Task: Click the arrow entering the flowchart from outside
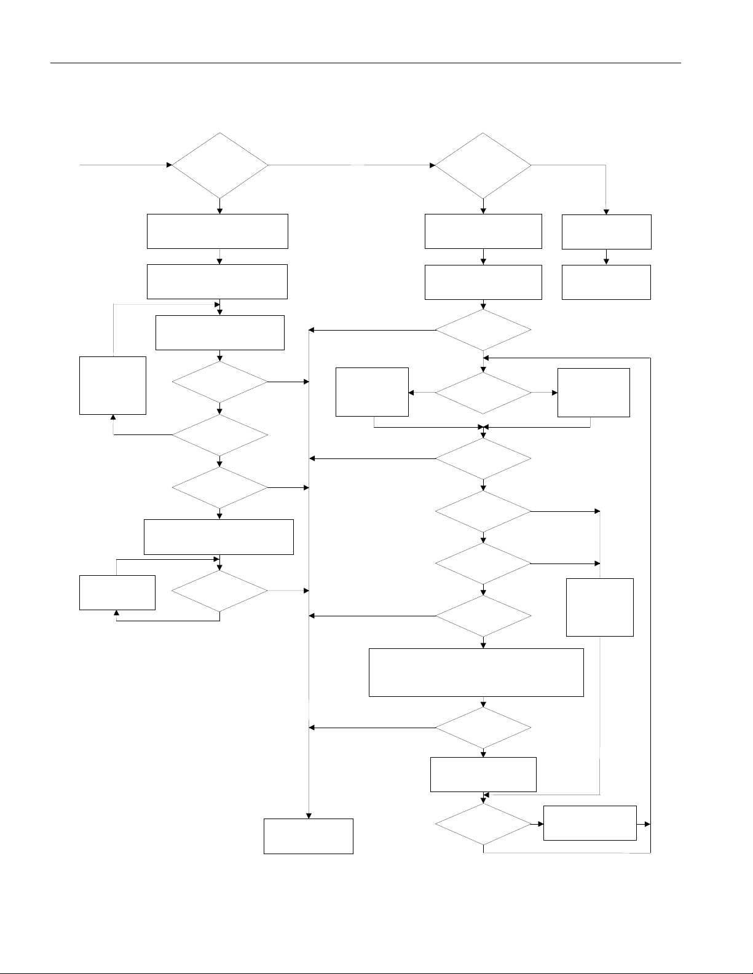click(x=123, y=165)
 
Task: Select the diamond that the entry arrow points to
click(x=220, y=165)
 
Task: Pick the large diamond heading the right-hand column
click(x=483, y=165)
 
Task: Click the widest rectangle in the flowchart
click(x=476, y=672)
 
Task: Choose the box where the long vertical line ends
click(x=308, y=836)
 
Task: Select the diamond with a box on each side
click(x=483, y=392)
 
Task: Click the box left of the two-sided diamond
click(x=372, y=392)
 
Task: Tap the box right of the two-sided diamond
click(x=593, y=392)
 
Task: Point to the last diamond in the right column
click(x=483, y=823)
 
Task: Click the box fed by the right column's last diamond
click(x=589, y=823)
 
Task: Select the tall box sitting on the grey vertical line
click(x=599, y=607)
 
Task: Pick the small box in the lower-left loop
click(x=117, y=592)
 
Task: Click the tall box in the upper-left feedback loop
click(x=112, y=385)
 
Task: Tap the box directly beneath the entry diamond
click(x=217, y=231)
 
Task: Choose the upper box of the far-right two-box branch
click(x=606, y=232)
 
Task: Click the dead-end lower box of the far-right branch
click(x=606, y=282)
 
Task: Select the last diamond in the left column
click(x=220, y=591)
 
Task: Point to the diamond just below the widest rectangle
click(x=483, y=728)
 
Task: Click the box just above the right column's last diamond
click(x=483, y=774)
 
